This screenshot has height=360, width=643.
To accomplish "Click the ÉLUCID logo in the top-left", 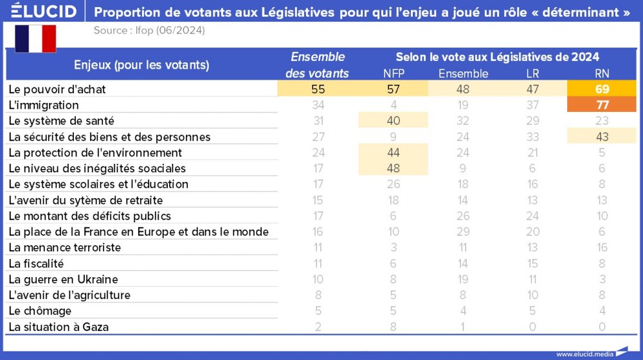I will [44, 12].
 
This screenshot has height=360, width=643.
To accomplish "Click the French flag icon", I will [35, 39].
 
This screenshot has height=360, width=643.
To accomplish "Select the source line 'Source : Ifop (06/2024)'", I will [149, 30].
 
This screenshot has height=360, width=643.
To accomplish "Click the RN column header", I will [602, 73].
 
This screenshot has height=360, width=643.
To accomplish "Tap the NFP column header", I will [394, 73].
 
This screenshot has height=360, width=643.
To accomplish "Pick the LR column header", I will [532, 73].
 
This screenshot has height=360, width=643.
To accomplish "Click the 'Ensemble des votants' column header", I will [317, 65].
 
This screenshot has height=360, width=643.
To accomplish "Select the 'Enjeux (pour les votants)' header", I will [141, 64].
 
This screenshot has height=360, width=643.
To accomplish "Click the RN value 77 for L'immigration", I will [602, 105].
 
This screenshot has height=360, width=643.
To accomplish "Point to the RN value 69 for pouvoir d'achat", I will [602, 89].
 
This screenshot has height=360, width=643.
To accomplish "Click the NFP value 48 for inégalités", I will [394, 168].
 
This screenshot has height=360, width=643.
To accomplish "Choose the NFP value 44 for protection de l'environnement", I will [394, 152].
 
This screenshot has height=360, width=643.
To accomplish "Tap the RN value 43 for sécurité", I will [602, 136].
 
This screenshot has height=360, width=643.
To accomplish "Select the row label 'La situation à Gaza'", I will [59, 327].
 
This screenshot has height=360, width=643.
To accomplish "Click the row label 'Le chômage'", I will [40, 311].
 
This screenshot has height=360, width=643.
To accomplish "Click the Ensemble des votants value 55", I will [317, 89].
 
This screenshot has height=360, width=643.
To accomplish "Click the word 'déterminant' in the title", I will [583, 12].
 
